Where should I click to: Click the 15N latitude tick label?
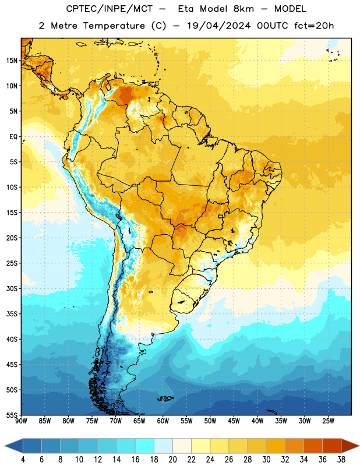click(x=12, y=61)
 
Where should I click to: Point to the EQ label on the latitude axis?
click(x=13, y=137)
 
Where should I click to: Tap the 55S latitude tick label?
click(x=12, y=415)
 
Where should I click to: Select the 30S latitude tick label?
click(x=12, y=288)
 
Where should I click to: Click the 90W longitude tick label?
click(x=21, y=421)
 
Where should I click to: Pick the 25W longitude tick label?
click(x=328, y=421)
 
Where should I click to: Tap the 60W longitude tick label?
click(x=163, y=421)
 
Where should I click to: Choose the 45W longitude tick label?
click(x=234, y=421)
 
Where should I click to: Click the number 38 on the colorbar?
click(x=341, y=460)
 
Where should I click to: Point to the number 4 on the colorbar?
click(x=23, y=460)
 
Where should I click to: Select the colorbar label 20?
click(x=172, y=460)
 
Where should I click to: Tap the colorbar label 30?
click(x=266, y=460)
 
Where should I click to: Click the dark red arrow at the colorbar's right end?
click(x=350, y=446)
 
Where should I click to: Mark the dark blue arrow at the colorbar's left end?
click(x=14, y=446)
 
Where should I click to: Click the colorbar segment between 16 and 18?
click(x=145, y=446)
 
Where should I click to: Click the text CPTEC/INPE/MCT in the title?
click(x=109, y=9)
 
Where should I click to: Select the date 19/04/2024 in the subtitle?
click(x=219, y=26)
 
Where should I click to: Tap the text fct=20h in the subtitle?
click(x=314, y=26)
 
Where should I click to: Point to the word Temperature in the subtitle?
click(x=114, y=26)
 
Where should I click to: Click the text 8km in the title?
click(x=243, y=9)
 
